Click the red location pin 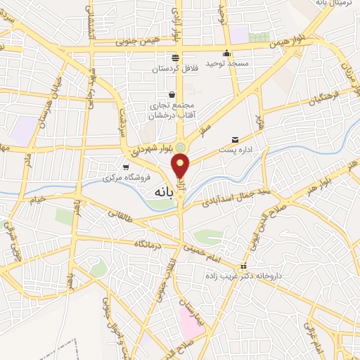pos(181,166)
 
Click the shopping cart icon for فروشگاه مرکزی pos(125,167)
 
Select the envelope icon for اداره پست pos(235,139)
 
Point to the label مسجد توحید pos(226,63)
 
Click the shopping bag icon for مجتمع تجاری pos(172,95)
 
